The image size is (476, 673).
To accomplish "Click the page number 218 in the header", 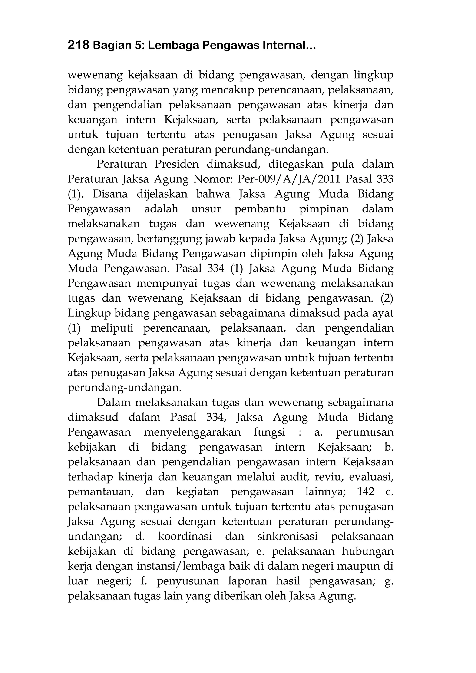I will coord(78,45).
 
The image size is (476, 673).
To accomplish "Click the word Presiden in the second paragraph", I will coord(176,164).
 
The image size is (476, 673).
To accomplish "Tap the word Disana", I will coord(110,194).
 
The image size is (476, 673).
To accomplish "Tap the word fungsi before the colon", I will coord(269,432).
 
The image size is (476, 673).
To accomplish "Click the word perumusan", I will coord(364,432).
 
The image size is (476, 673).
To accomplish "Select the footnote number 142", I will coord(366,492).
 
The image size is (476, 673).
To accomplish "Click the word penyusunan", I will coord(188,581).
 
